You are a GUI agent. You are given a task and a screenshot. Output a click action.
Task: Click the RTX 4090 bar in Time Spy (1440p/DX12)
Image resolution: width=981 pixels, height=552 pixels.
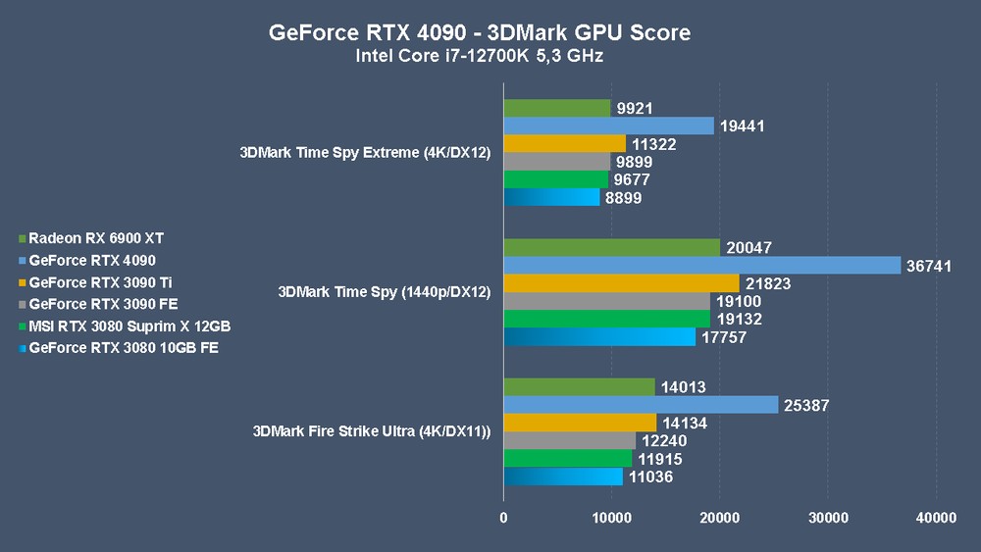[701, 266]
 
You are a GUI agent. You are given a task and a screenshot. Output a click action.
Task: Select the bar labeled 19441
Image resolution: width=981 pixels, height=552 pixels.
[608, 125]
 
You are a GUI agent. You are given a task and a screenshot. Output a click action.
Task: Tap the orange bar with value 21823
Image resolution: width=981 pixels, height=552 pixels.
[621, 283]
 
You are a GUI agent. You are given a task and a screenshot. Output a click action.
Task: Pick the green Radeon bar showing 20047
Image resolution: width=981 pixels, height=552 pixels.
[611, 247]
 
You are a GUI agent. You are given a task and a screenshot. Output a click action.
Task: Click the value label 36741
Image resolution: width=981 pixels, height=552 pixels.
[930, 266]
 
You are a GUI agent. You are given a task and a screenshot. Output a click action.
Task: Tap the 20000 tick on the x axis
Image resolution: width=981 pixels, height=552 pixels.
[720, 518]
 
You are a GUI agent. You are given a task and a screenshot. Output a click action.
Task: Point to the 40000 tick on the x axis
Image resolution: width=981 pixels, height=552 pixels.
[935, 518]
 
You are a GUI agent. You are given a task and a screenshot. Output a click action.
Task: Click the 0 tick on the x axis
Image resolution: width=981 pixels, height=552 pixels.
[504, 518]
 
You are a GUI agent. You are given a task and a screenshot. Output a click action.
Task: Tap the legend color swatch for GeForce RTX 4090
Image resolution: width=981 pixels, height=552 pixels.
[23, 261]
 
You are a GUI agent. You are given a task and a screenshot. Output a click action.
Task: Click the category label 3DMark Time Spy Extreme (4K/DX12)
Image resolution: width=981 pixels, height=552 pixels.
[364, 152]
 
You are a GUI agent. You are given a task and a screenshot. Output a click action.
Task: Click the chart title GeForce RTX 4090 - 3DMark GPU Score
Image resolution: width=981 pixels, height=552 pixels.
[479, 32]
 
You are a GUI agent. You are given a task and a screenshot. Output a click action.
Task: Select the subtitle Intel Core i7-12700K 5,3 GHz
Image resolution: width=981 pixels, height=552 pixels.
[479, 56]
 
